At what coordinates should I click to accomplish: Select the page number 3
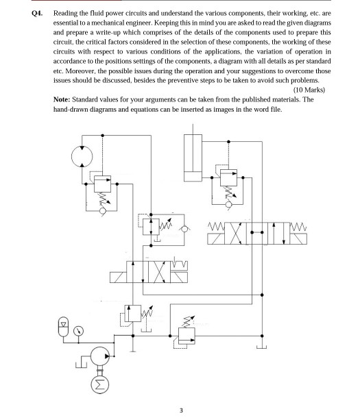(x=180, y=410)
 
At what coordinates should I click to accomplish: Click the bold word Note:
(x=62, y=99)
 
